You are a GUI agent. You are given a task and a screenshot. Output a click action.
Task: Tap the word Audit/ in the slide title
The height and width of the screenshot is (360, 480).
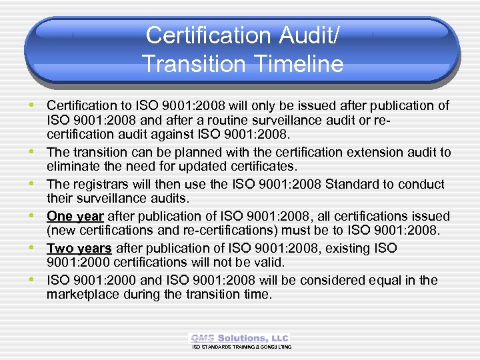coord(306,35)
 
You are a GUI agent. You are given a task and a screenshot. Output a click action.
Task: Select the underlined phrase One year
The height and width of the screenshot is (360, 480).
coord(75,217)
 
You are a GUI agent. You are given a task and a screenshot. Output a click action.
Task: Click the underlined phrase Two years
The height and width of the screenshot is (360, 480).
coord(79,248)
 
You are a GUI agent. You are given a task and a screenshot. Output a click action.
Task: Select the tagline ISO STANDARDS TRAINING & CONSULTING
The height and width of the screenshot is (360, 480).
coord(242,347)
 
